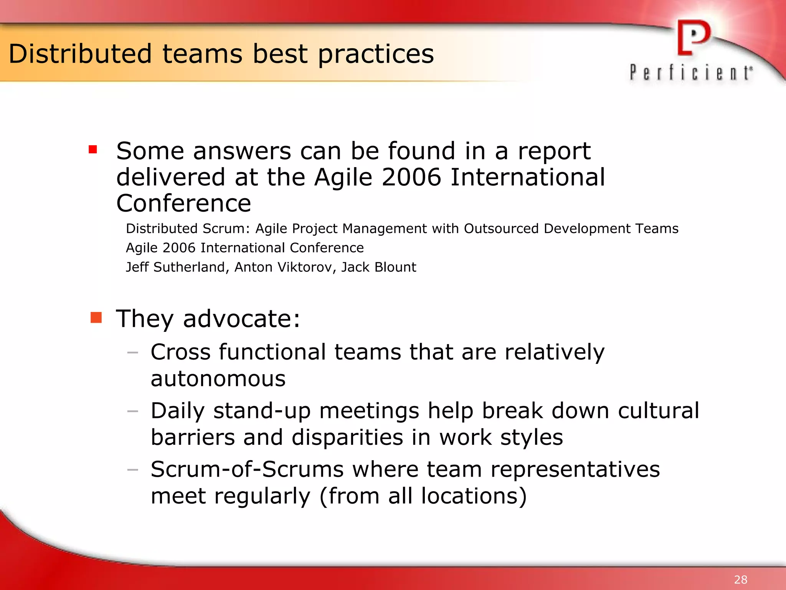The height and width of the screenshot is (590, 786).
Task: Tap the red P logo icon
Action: pos(693,38)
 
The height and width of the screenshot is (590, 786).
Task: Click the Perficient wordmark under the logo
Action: pos(691,73)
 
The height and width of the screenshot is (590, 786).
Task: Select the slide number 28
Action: pos(740,579)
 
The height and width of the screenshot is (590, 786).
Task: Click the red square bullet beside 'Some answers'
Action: pos(92,149)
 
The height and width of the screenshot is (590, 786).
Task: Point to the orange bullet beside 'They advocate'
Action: pos(96,318)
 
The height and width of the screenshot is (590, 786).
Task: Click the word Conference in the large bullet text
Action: pos(183,203)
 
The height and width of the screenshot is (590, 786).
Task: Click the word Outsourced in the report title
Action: pos(501,229)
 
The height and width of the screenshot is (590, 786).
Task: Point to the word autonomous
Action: pos(218,379)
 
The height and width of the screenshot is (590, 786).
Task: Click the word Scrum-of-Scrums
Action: pos(247,469)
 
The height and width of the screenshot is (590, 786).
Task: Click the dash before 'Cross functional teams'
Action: pos(133,352)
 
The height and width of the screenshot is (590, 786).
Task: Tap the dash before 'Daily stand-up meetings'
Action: pos(133,411)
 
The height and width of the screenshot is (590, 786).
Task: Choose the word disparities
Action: pos(347,438)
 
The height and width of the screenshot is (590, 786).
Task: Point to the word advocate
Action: pos(241,319)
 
